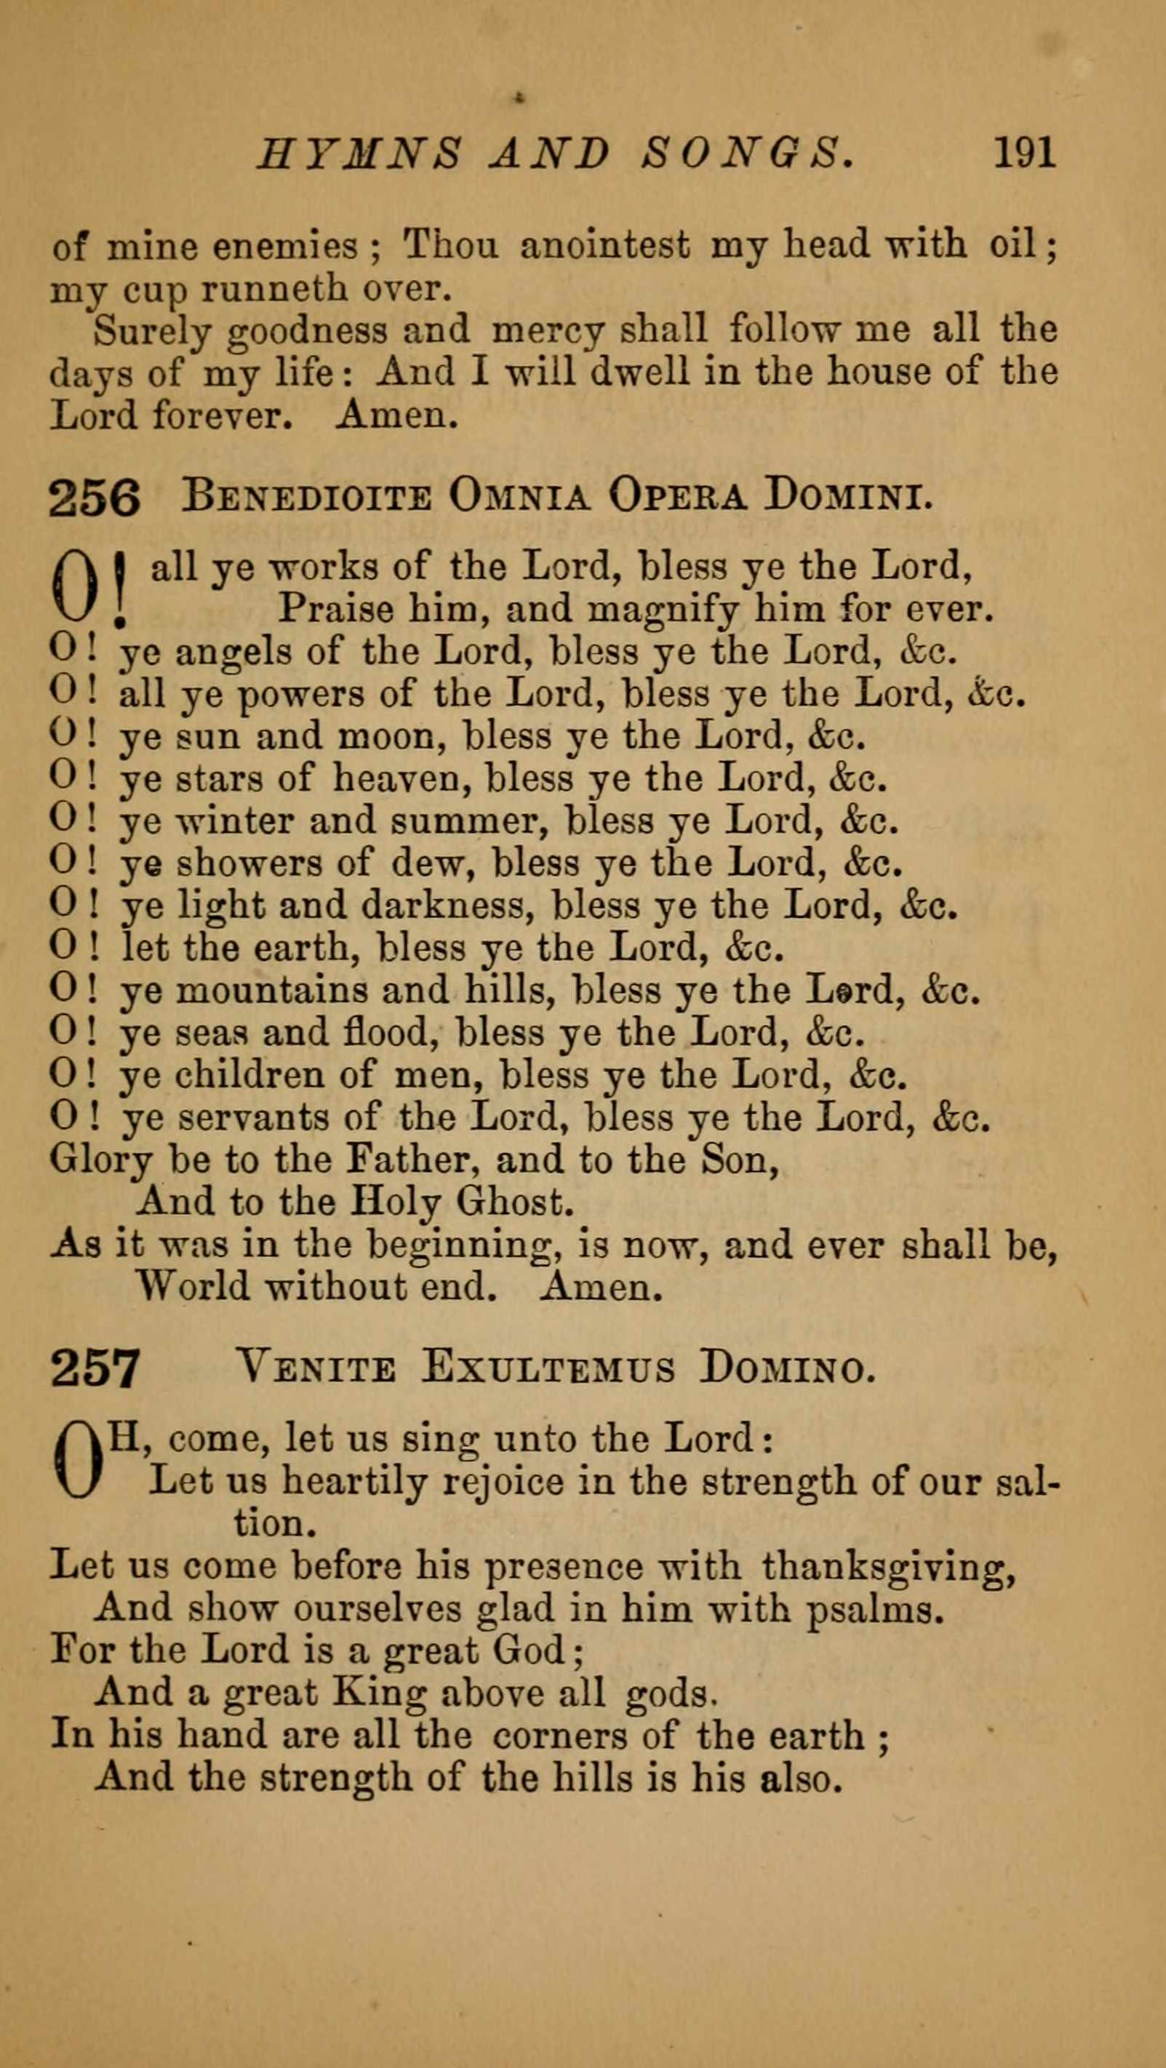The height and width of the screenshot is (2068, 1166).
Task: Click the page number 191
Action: [1024, 153]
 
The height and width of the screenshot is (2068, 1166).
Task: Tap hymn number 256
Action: [95, 498]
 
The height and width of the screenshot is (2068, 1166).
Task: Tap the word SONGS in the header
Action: [746, 153]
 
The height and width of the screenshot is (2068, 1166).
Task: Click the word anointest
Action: [604, 245]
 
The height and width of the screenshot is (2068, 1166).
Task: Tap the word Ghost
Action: [515, 1202]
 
